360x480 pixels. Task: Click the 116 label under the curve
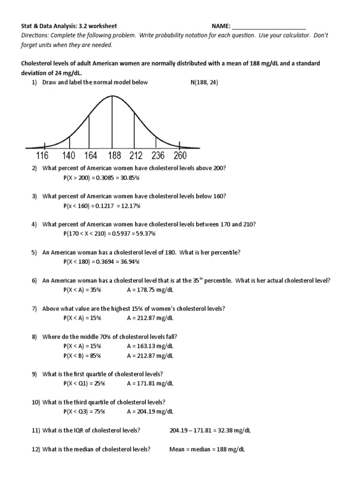pyautogui.click(x=39, y=156)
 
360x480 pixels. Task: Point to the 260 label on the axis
pyautogui.click(x=180, y=156)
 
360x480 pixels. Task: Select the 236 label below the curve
pyautogui.click(x=158, y=156)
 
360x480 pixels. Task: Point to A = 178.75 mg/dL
pyautogui.click(x=150, y=290)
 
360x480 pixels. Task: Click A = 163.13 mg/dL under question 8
pyautogui.click(x=150, y=346)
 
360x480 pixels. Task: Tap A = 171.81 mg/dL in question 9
pyautogui.click(x=150, y=383)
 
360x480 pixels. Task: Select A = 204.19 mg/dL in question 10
pyautogui.click(x=150, y=412)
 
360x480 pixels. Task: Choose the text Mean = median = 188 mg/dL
pyautogui.click(x=207, y=449)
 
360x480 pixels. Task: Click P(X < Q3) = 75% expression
pyautogui.click(x=84, y=412)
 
